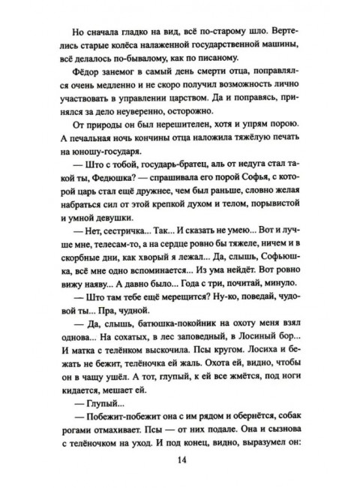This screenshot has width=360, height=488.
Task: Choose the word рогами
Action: tap(82, 430)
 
